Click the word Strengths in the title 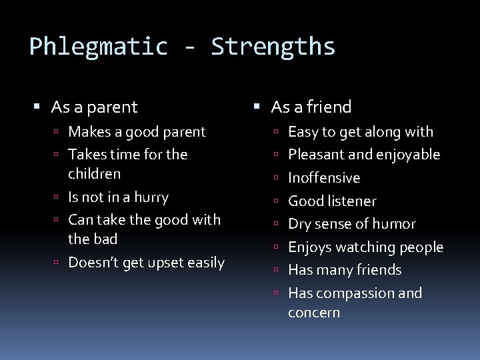click(x=273, y=47)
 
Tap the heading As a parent click(x=94, y=107)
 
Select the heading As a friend click(x=311, y=107)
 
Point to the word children click(x=94, y=174)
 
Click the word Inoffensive click(x=324, y=178)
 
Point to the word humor click(x=395, y=224)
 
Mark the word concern click(x=314, y=313)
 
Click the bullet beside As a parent click(x=37, y=107)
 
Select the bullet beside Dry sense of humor click(x=277, y=225)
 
